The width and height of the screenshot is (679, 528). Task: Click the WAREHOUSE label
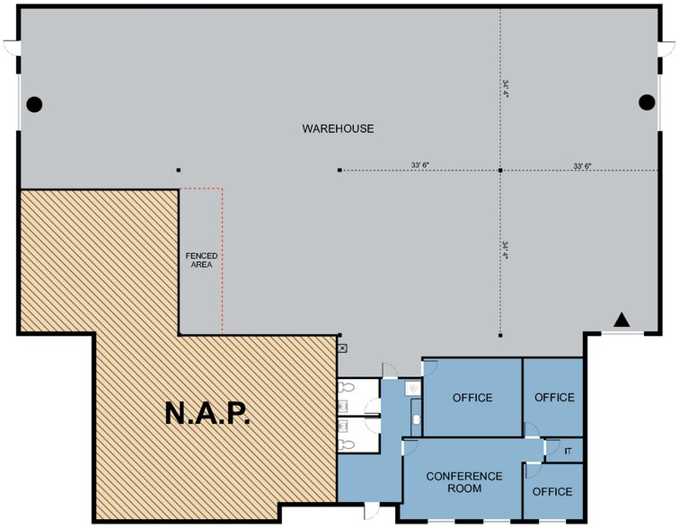click(x=338, y=128)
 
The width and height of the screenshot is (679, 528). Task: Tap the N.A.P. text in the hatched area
click(x=207, y=413)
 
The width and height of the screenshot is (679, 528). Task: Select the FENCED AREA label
click(x=201, y=260)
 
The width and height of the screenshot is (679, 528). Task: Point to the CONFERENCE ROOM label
click(x=463, y=481)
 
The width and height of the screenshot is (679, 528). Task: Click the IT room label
click(x=567, y=449)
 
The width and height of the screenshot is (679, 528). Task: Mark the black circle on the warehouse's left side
click(x=34, y=103)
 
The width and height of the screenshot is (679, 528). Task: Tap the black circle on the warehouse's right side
click(x=646, y=102)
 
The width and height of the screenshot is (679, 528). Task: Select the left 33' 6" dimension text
click(x=419, y=165)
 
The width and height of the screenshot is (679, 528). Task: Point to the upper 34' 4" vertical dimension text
click(x=507, y=88)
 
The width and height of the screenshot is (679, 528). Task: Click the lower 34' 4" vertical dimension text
click(x=507, y=250)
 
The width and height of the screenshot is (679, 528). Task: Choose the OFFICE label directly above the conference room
click(x=472, y=397)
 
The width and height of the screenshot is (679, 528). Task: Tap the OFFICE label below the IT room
click(x=552, y=491)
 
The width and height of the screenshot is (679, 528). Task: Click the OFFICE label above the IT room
click(x=553, y=397)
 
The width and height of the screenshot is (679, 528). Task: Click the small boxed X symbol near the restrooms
click(x=341, y=345)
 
